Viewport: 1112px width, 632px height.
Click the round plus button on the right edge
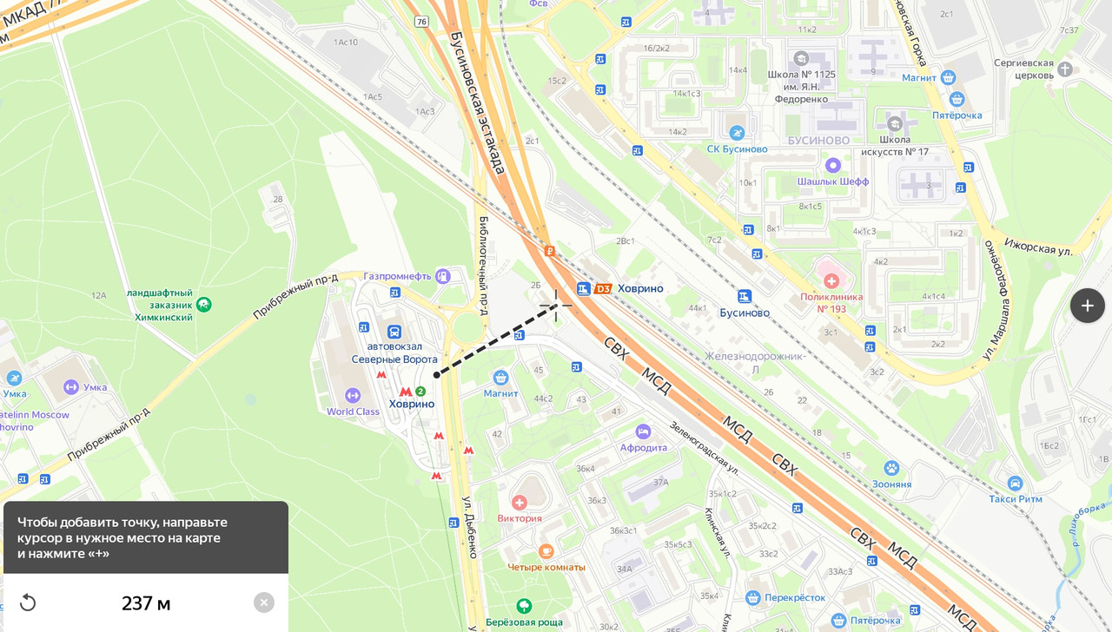tap(1087, 306)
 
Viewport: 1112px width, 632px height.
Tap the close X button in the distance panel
tap(264, 602)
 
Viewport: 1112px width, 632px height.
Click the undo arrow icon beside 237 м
tap(28, 602)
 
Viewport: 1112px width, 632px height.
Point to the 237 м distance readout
tap(146, 603)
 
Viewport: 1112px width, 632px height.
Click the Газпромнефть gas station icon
tap(443, 276)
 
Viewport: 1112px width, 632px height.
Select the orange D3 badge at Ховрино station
tap(603, 288)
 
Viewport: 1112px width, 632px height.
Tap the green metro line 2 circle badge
tap(420, 392)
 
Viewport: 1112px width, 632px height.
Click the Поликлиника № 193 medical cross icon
tap(831, 280)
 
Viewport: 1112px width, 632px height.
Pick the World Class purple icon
tap(353, 396)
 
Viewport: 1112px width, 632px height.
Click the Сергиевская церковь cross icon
tap(1065, 69)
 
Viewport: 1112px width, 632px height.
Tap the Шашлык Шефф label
tap(833, 181)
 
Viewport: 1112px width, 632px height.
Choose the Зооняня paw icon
tap(891, 469)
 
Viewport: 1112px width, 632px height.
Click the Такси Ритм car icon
tap(1016, 483)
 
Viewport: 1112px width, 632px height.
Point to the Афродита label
tap(644, 448)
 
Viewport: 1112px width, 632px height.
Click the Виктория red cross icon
tap(520, 503)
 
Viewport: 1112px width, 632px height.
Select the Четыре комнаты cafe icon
tap(546, 551)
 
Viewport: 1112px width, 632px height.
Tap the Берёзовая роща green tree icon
tap(524, 606)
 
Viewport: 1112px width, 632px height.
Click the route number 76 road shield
tap(421, 21)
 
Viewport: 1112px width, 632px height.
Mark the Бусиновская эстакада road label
tap(477, 102)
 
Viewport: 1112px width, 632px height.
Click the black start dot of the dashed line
tap(437, 375)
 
